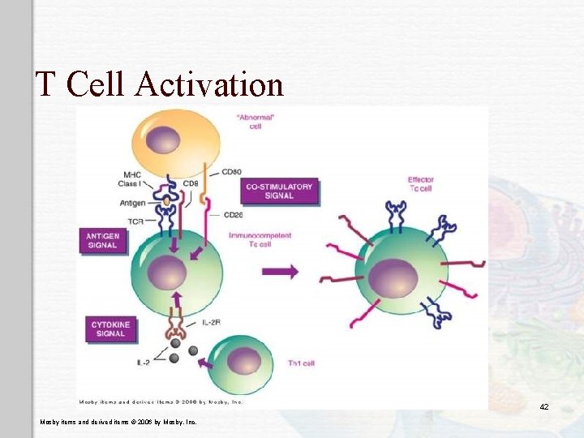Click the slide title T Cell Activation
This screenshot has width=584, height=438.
pyautogui.click(x=159, y=84)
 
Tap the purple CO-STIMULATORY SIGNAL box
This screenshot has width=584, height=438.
pyautogui.click(x=279, y=191)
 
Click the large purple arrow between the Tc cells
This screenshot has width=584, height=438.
pyautogui.click(x=281, y=273)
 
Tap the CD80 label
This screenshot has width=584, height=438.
pyautogui.click(x=232, y=172)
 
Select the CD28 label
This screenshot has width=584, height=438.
pyautogui.click(x=233, y=215)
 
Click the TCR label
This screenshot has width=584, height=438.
pyautogui.click(x=135, y=220)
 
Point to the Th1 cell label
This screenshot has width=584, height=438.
pyautogui.click(x=301, y=363)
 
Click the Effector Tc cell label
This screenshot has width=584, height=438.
pyautogui.click(x=422, y=184)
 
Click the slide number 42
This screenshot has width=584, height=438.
pyautogui.click(x=544, y=406)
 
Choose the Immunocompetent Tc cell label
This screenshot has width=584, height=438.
pyautogui.click(x=260, y=240)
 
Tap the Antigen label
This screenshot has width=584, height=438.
pyautogui.click(x=134, y=203)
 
